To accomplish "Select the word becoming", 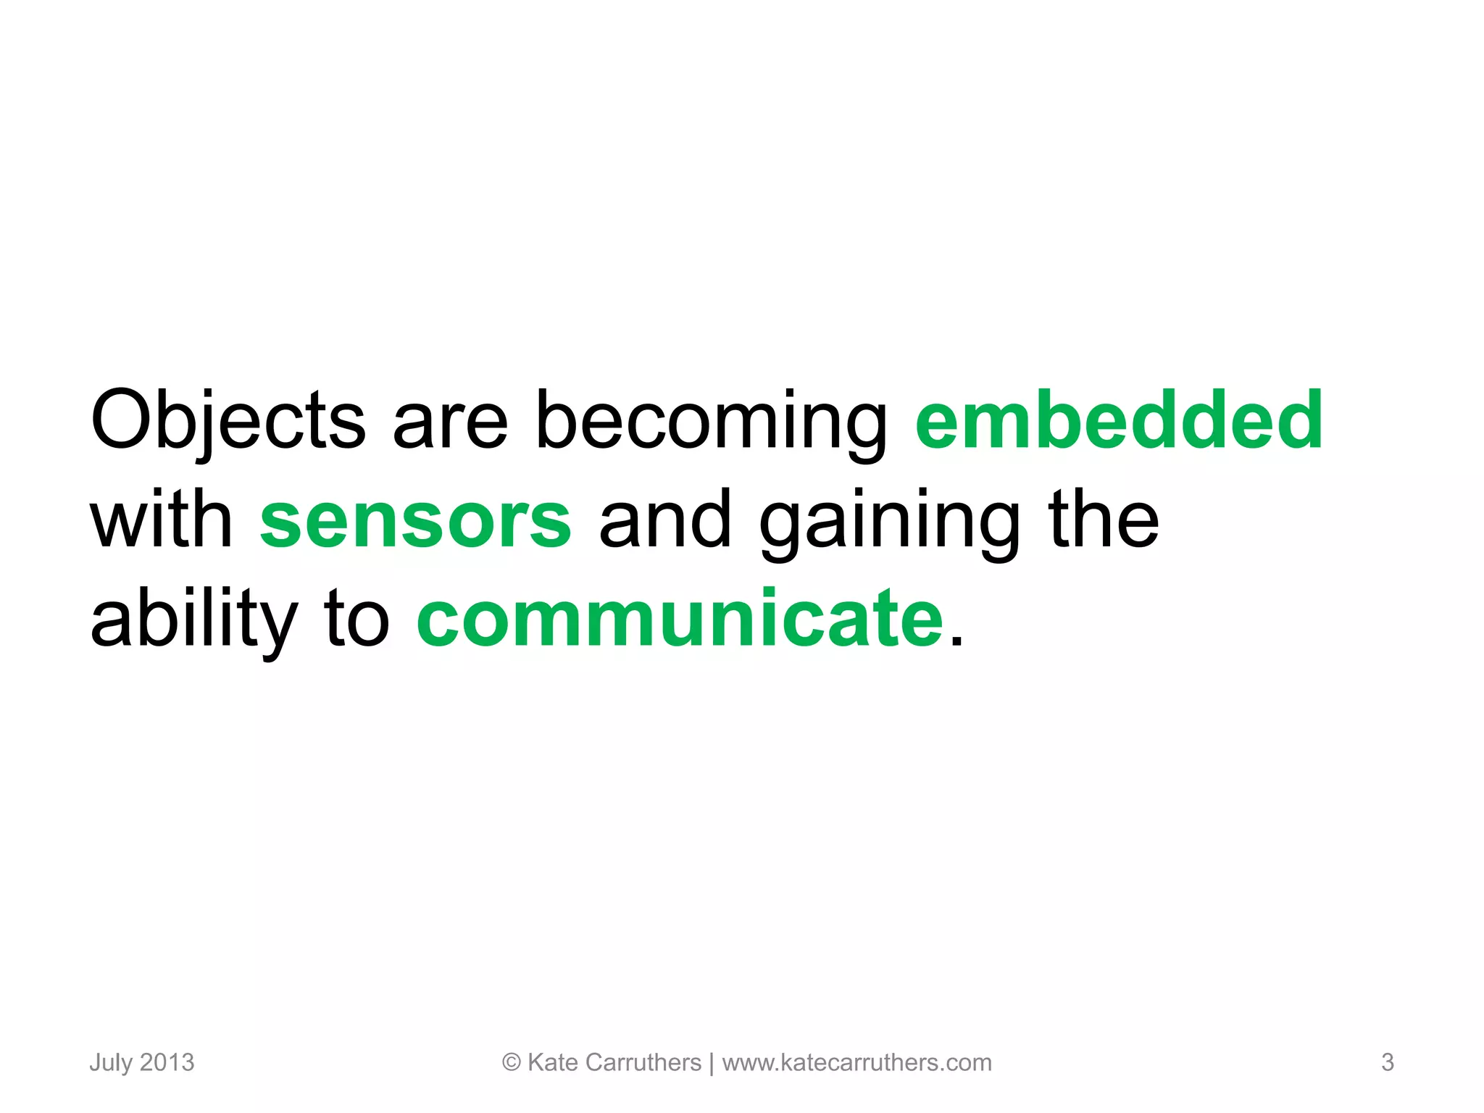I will pyautogui.click(x=711, y=424).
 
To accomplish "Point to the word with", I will pyautogui.click(x=161, y=520).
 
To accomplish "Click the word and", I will pyautogui.click(x=665, y=520).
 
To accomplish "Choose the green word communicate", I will pyautogui.click(x=680, y=620).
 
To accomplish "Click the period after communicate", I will pyautogui.click(x=956, y=641).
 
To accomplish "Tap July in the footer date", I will pyautogui.click(x=111, y=1063).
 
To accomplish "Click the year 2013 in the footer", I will pyautogui.click(x=167, y=1062).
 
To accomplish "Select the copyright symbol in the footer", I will pyautogui.click(x=512, y=1062).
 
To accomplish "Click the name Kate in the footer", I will pyautogui.click(x=553, y=1062).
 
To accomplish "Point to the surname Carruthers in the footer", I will pyautogui.click(x=643, y=1062).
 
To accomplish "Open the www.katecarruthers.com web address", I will pyautogui.click(x=856, y=1062).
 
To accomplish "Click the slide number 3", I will pyautogui.click(x=1387, y=1062).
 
